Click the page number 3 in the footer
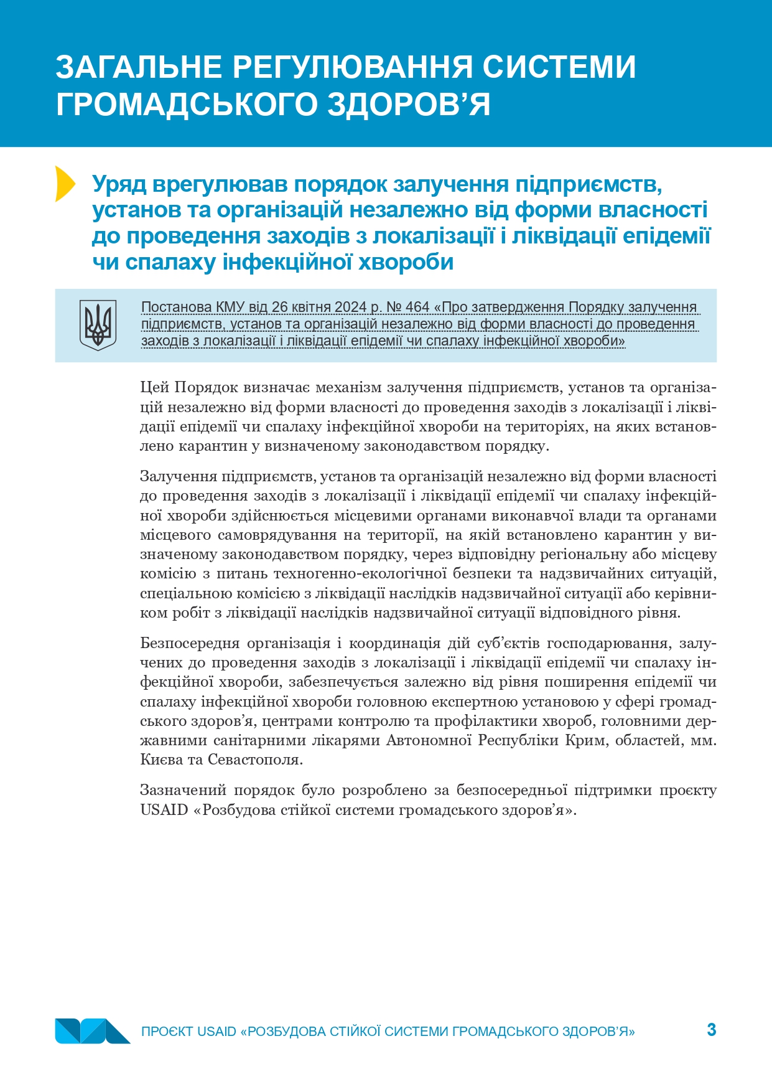coord(712,1029)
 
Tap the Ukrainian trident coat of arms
coord(98,325)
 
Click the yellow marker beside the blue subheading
coord(64,184)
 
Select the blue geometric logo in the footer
coord(92,1031)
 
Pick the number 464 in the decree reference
coord(417,308)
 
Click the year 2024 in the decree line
coord(351,308)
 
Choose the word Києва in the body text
coord(159,760)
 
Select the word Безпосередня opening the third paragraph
coord(189,643)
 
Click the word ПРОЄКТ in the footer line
coord(167,1032)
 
